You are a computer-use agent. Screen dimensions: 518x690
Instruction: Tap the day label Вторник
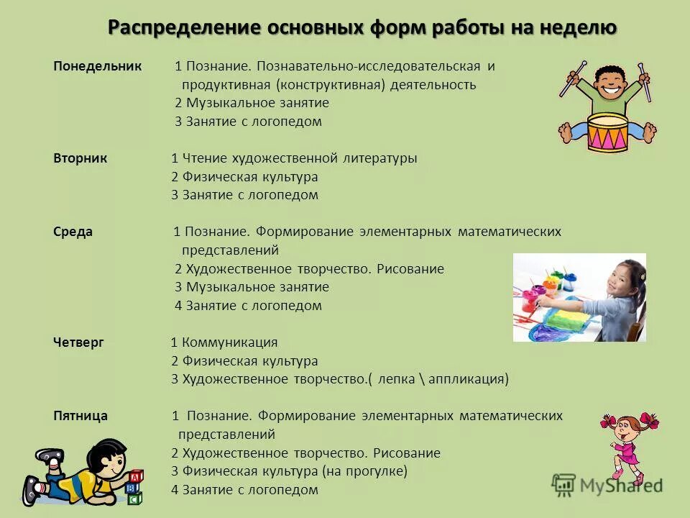[x=80, y=158]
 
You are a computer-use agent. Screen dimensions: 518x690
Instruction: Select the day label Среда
[x=73, y=232]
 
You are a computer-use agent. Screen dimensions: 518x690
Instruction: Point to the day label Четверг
[x=78, y=343]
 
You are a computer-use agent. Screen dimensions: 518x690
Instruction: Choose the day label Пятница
[x=80, y=416]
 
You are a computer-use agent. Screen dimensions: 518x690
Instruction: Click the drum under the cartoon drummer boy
[x=608, y=132]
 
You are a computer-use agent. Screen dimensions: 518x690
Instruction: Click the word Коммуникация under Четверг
[x=229, y=343]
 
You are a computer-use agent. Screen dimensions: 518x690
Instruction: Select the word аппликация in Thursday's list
[x=469, y=380]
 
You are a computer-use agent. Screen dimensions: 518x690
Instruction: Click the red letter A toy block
[x=135, y=476]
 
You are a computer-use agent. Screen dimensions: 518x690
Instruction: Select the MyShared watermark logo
[x=607, y=485]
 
